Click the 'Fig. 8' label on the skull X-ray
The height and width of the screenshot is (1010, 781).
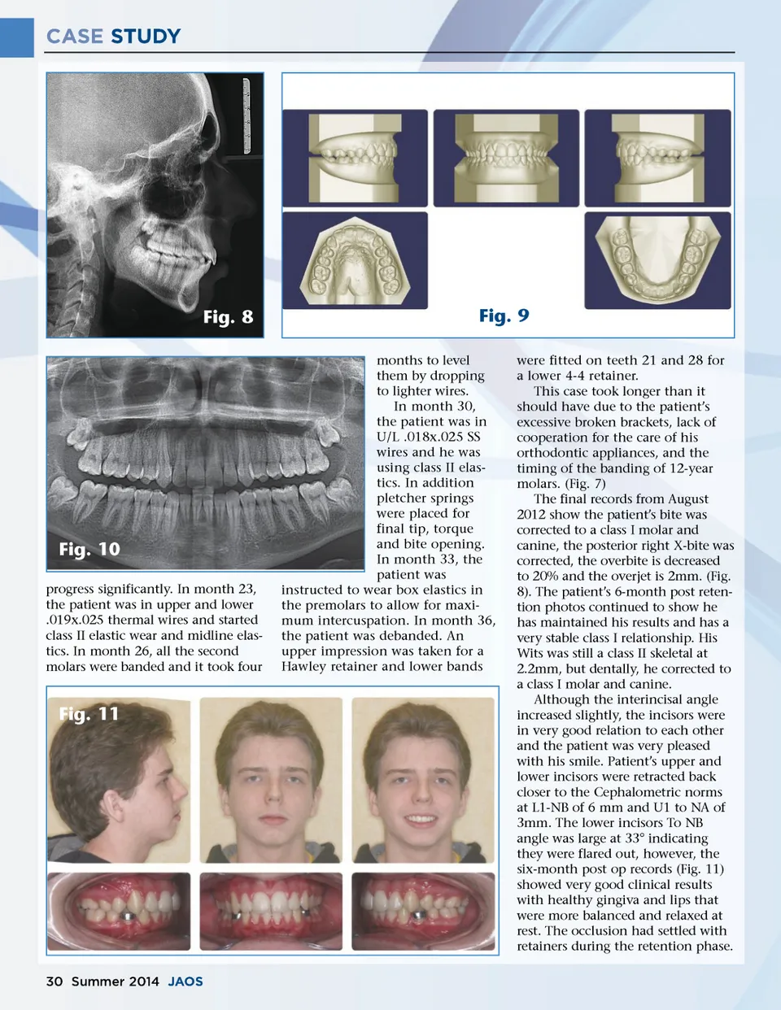coord(228,317)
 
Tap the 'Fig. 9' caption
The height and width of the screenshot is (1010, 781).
coord(504,316)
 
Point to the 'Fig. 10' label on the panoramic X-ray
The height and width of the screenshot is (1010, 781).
coord(89,549)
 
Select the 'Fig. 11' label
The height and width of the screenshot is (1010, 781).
coord(89,714)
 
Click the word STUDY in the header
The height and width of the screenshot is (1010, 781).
coord(146,37)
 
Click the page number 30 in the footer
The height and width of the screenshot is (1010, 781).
coord(55,982)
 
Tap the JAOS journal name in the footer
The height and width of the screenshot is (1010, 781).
coord(185,982)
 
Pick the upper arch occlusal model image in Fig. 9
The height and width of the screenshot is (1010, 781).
coord(355,261)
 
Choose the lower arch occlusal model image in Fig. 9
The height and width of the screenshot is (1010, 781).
coord(657,261)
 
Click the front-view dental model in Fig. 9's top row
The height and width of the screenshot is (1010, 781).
coord(506,158)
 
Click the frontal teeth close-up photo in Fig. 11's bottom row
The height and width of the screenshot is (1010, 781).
coord(271,911)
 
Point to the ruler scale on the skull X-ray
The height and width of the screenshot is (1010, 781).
coord(247,114)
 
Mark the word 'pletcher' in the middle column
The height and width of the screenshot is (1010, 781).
coord(402,498)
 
